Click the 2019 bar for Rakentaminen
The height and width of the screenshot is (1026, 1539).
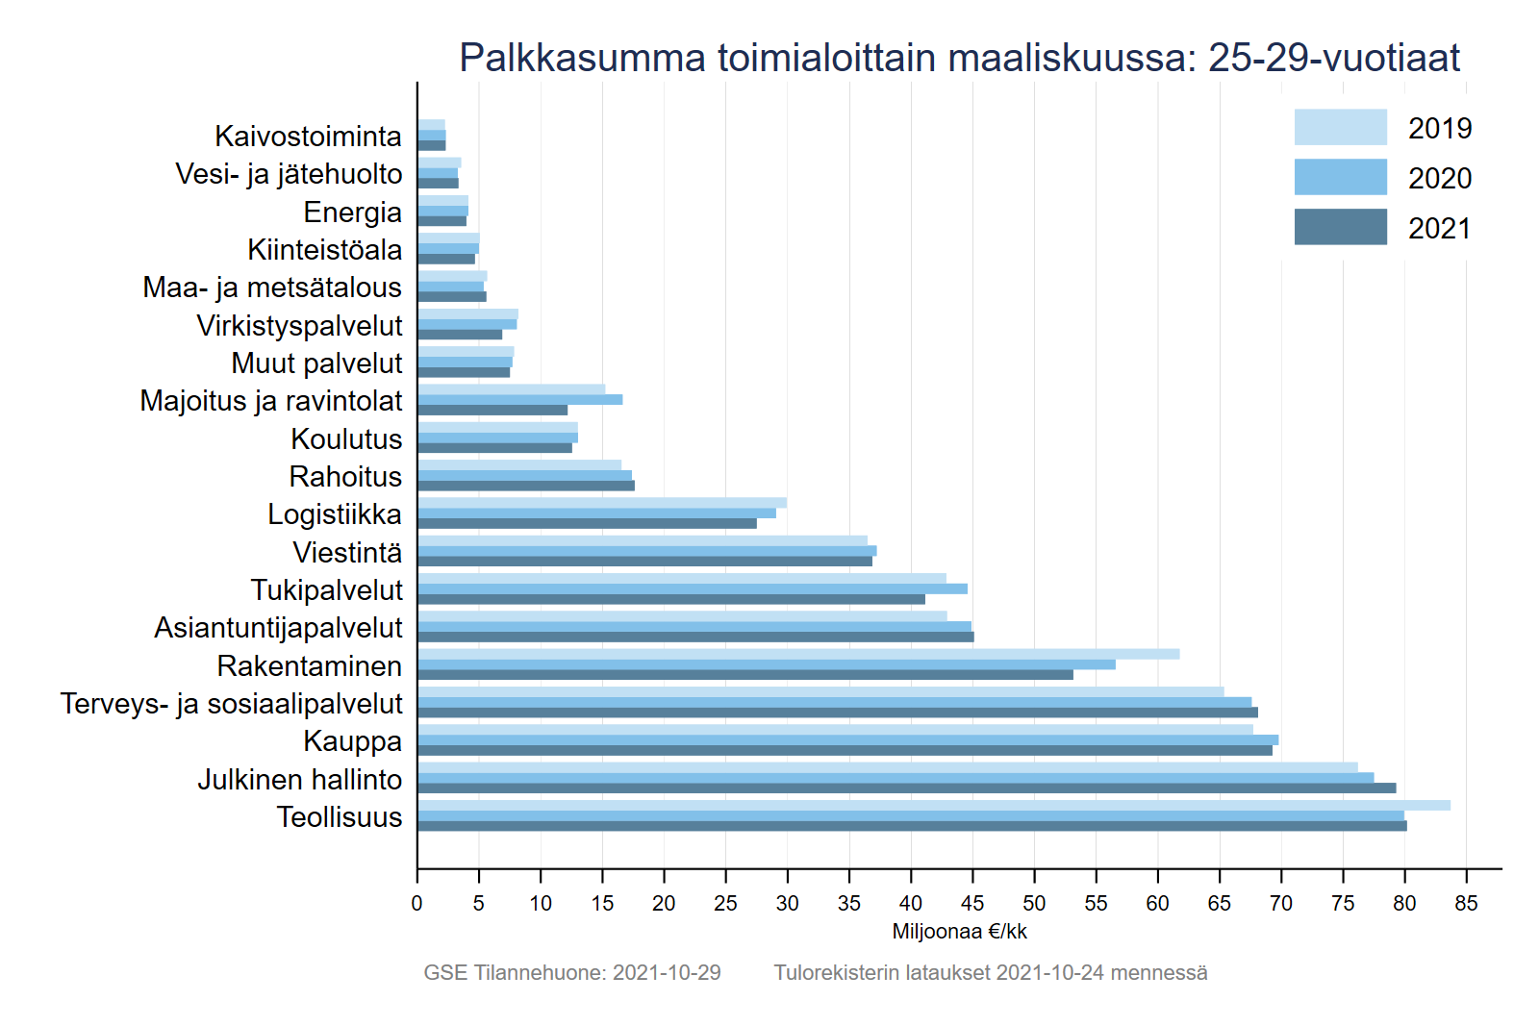[798, 654]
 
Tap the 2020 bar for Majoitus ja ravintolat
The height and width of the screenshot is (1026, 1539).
[519, 399]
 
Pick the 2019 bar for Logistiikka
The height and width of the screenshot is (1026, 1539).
[602, 503]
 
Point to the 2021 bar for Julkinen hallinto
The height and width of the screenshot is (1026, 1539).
[906, 788]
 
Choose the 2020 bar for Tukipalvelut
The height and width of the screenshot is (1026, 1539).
[693, 588]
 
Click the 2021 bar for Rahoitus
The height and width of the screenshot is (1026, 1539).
[526, 486]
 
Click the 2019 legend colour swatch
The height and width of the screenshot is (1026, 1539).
[1340, 127]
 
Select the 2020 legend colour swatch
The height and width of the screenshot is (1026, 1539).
[1340, 177]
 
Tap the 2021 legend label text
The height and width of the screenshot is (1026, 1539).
[1440, 229]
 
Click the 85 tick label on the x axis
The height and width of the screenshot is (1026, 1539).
[1466, 903]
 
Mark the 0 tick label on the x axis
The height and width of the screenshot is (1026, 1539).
[416, 903]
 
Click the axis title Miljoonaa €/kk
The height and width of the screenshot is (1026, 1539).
[959, 931]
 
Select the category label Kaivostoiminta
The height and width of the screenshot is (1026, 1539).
[308, 137]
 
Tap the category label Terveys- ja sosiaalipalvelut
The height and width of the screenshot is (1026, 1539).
[231, 704]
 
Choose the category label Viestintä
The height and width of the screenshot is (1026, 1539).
[347, 553]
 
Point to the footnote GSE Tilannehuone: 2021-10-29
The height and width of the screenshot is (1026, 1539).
[572, 972]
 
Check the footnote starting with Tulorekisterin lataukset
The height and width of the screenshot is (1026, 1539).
[991, 972]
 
